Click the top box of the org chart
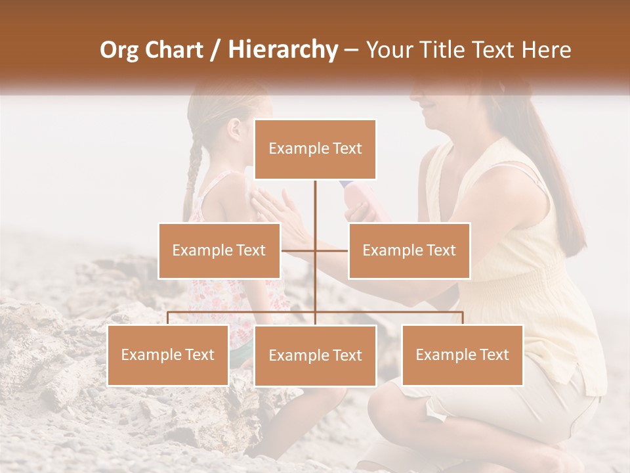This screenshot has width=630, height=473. pos(315,149)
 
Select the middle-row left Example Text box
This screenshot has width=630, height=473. pos(219,250)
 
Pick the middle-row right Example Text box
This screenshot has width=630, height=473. pos(409,250)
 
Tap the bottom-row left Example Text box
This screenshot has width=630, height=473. pos(168,355)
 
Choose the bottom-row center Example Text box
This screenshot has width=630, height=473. pos(315,355)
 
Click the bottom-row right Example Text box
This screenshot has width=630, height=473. pos(462,355)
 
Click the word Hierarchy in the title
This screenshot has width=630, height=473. pos(282,50)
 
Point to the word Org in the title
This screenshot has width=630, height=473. pos(119,50)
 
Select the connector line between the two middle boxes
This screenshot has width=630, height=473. pos(315,250)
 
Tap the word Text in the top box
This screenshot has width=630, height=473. pos(345,149)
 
